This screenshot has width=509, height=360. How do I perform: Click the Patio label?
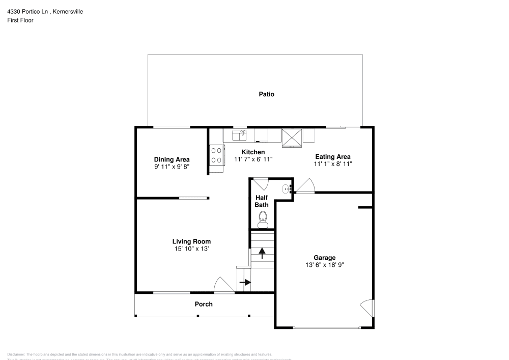coord(266,94)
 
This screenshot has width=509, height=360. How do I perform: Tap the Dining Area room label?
coord(172,159)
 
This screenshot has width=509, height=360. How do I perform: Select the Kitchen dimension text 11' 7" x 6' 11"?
coord(253,159)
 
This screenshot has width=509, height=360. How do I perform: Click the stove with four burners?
coord(217,155)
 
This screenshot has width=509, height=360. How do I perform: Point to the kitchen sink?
coord(239,135)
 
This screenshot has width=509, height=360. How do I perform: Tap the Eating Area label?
coord(333,157)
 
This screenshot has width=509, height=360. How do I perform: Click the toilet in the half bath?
coord(263,219)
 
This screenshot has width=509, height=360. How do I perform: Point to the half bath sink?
coord(287,189)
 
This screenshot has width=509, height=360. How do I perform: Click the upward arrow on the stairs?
coord(262,253)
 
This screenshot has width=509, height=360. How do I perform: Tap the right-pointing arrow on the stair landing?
coord(245,282)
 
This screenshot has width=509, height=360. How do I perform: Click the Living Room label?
coord(191,241)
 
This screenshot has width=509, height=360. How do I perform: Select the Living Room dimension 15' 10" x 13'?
coord(191,248)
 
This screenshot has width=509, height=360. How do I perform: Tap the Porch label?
coord(204,304)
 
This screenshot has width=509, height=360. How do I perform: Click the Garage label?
coord(324,258)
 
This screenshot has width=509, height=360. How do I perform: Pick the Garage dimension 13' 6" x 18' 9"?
coord(324,265)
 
